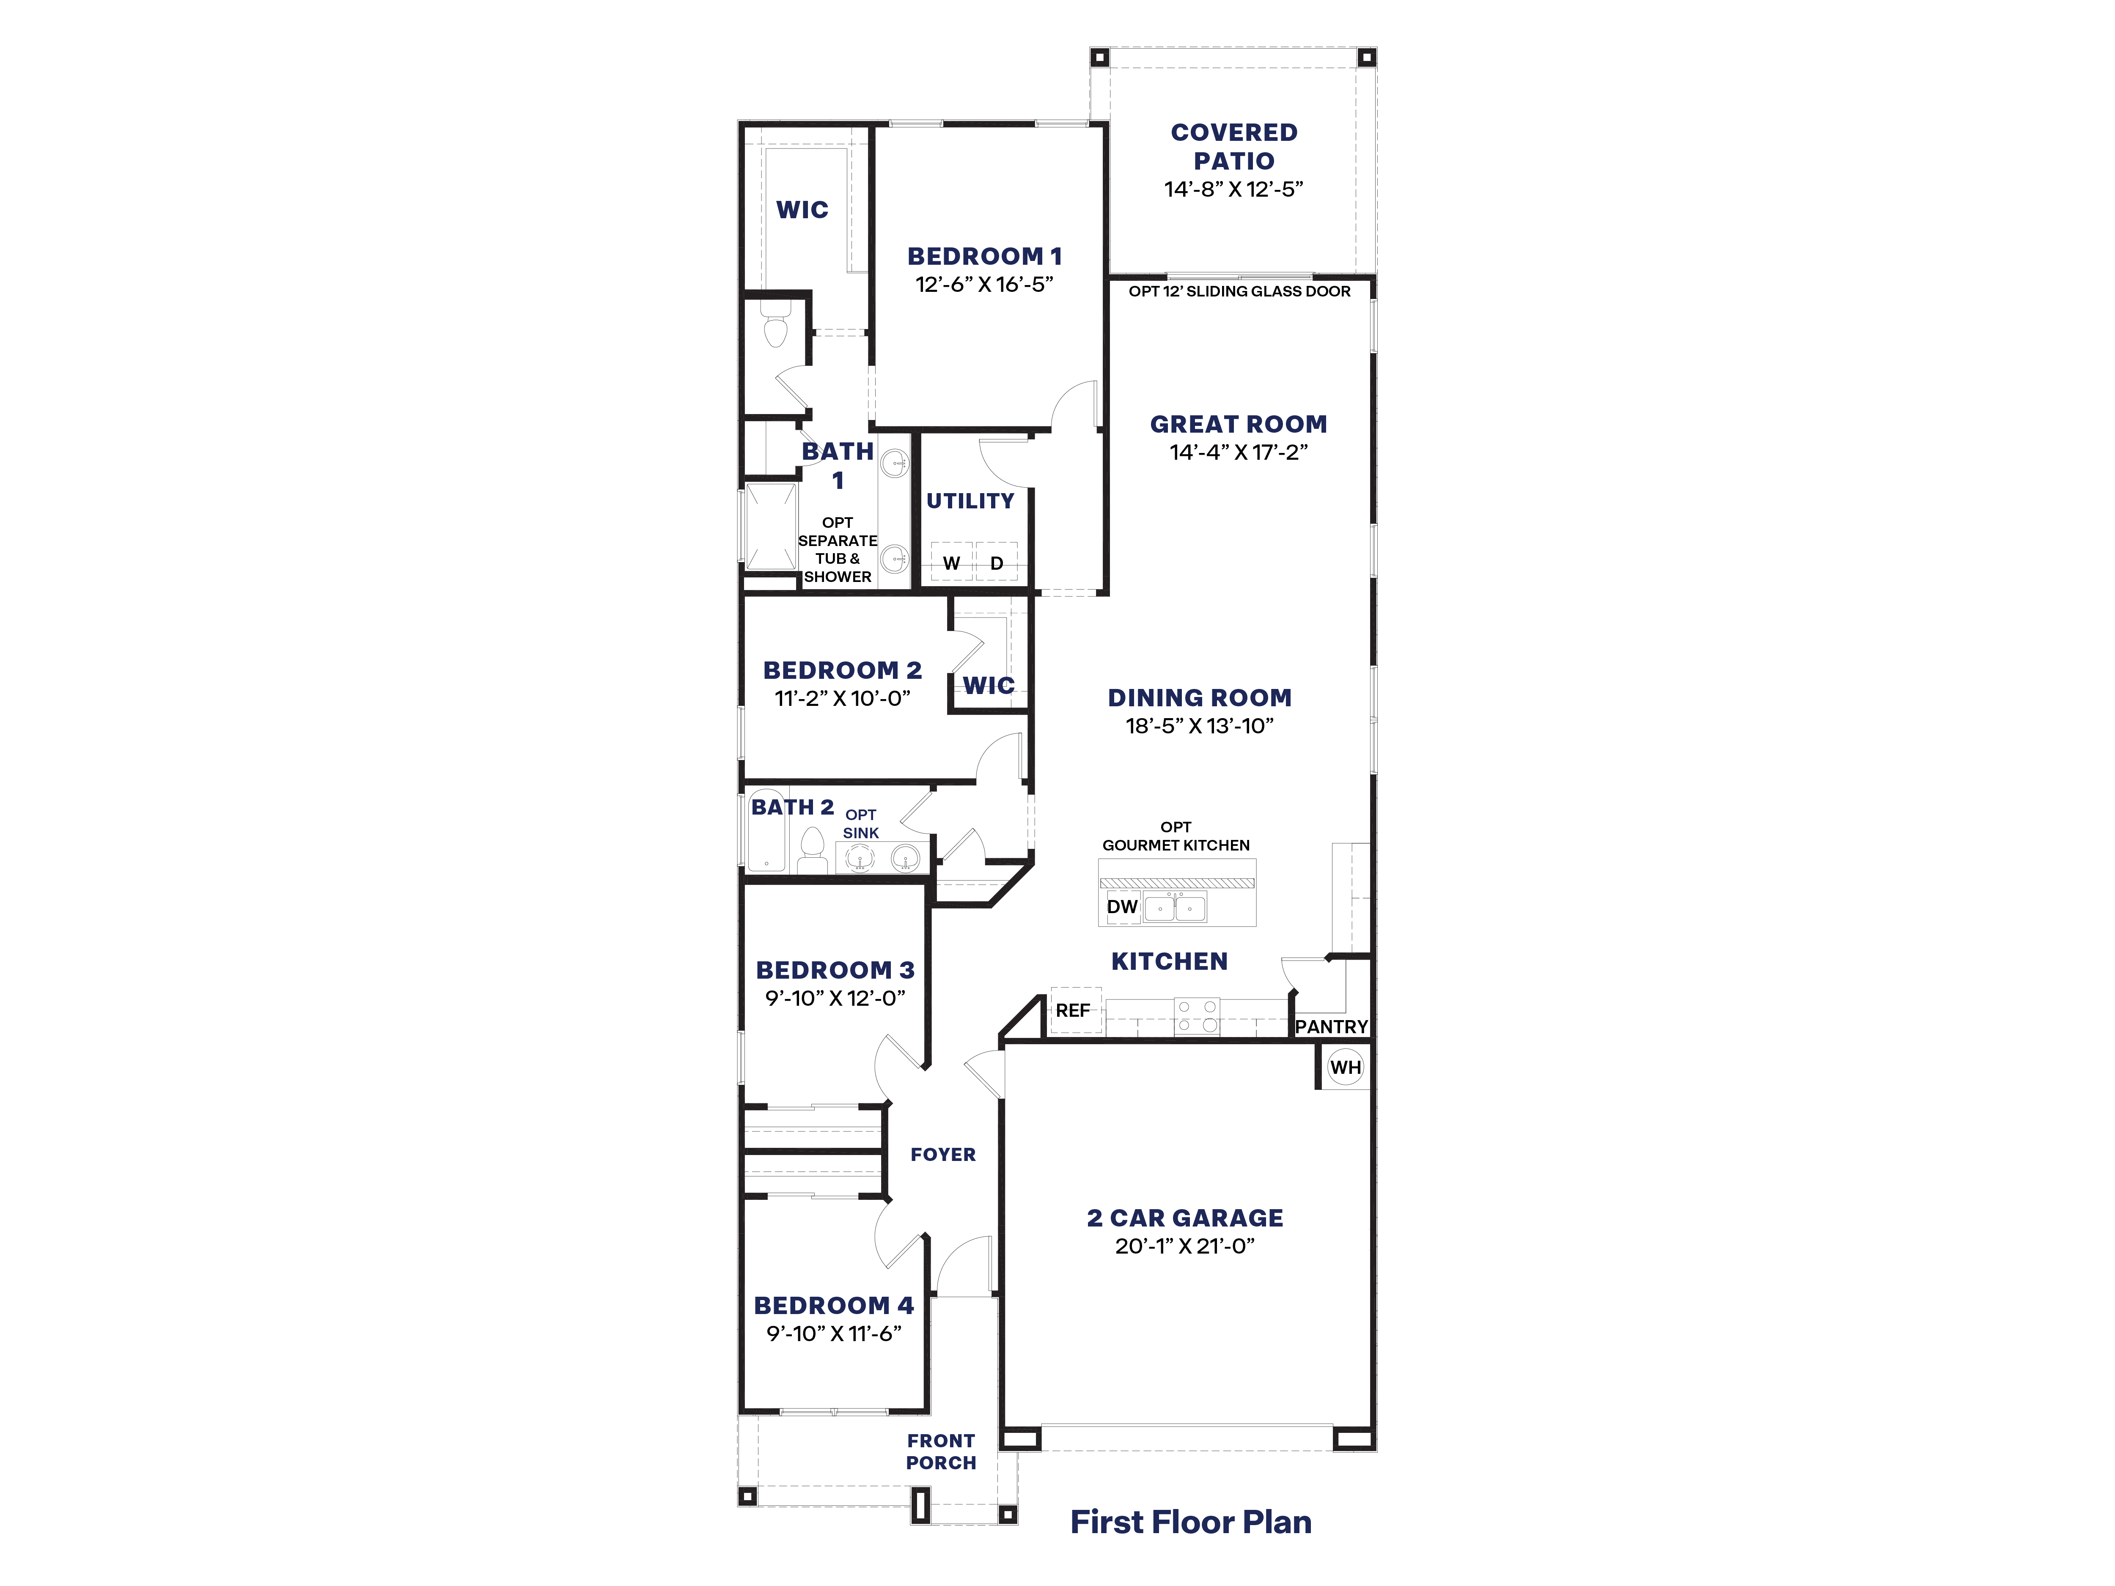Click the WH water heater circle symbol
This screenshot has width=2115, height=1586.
[1345, 1068]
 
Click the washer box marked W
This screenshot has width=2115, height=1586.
[951, 562]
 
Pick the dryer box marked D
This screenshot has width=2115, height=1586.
[996, 562]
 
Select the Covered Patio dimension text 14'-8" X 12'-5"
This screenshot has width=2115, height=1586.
[1233, 189]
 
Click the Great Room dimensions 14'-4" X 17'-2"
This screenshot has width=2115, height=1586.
[1238, 452]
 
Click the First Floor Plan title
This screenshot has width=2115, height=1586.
[1190, 1522]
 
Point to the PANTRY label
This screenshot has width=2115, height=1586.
[1331, 1027]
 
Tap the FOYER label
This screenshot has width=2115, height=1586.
[943, 1155]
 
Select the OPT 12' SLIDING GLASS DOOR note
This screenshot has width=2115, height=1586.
[1239, 291]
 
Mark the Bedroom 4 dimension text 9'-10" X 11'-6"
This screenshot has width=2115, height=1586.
[834, 1334]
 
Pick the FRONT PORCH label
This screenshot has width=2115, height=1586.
[941, 1451]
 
